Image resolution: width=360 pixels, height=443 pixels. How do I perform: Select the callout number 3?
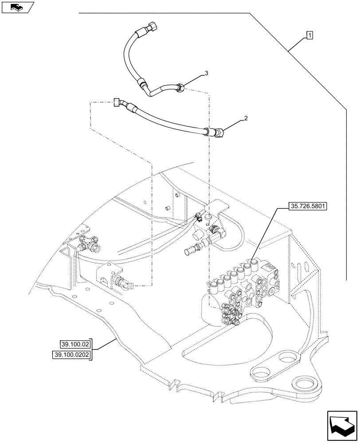pyautogui.click(x=206, y=72)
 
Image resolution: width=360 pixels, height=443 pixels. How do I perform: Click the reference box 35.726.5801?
pyautogui.click(x=307, y=206)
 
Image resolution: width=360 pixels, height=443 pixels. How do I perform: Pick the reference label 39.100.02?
pyautogui.click(x=74, y=344)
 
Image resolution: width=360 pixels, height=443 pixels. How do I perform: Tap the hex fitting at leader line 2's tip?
pyautogui.click(x=220, y=132)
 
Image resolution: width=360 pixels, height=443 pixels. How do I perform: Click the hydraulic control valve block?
pyautogui.click(x=242, y=290)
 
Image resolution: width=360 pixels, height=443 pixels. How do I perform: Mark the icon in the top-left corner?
pyautogui.click(x=17, y=7)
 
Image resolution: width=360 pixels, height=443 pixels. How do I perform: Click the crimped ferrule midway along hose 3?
pyautogui.click(x=141, y=83)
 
